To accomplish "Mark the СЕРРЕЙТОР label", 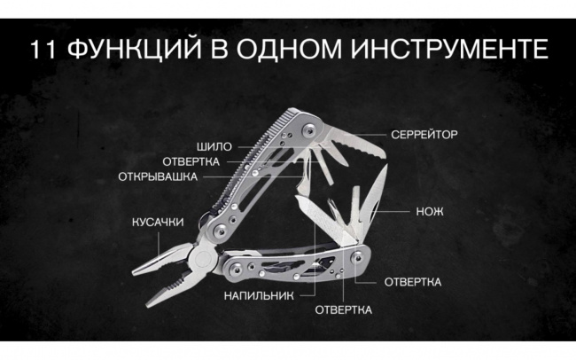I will (424, 135).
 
